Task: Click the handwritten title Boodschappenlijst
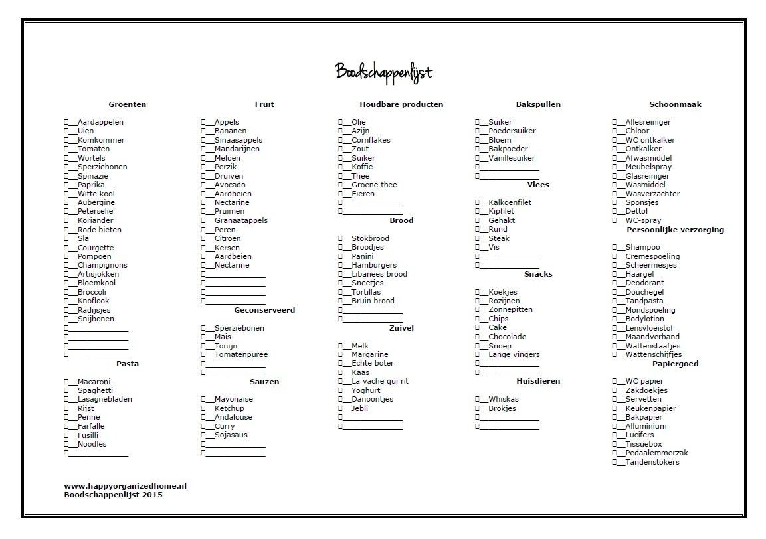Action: (383, 72)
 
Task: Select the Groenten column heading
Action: (127, 104)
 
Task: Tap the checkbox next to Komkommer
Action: (66, 140)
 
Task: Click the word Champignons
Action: (102, 265)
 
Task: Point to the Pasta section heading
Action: (127, 364)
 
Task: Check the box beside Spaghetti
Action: (66, 390)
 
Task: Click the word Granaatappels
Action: (240, 220)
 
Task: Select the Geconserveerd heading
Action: (264, 310)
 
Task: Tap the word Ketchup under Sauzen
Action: (229, 408)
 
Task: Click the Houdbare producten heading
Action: (401, 104)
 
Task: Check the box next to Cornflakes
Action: (341, 140)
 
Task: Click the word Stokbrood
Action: (370, 238)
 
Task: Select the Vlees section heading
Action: (538, 185)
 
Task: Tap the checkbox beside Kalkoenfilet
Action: (478, 202)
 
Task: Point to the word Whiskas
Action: (503, 399)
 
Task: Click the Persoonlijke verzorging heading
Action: (675, 230)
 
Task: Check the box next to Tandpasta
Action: (615, 301)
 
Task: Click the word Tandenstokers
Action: (652, 462)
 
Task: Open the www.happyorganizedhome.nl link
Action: (126, 486)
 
